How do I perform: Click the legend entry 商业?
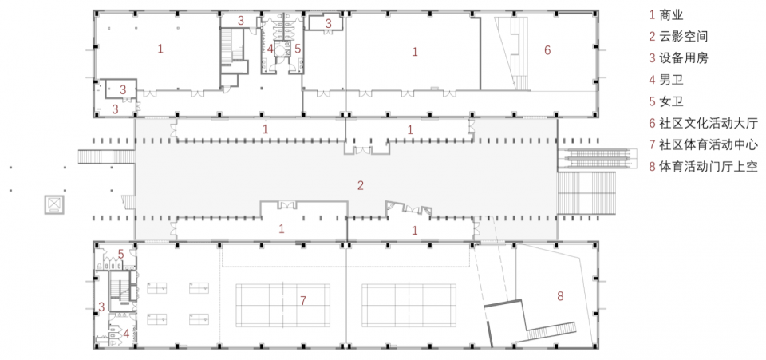pyautogui.click(x=665, y=14)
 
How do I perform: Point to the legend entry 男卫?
pyautogui.click(x=665, y=80)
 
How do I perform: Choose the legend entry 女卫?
pyautogui.click(x=665, y=101)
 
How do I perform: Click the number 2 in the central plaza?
pyautogui.click(x=361, y=186)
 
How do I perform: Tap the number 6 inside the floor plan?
pyautogui.click(x=547, y=49)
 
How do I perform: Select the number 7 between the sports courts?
pyautogui.click(x=303, y=301)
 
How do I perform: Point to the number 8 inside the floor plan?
pyautogui.click(x=560, y=295)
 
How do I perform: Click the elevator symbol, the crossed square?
pyautogui.click(x=53, y=204)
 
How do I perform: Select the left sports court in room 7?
pyautogui.click(x=282, y=305)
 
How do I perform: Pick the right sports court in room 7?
pyautogui.click(x=409, y=305)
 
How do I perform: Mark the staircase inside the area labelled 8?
pyautogui.click(x=553, y=332)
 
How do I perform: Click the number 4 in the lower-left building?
pyautogui.click(x=126, y=334)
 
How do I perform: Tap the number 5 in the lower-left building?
pyautogui.click(x=120, y=255)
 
